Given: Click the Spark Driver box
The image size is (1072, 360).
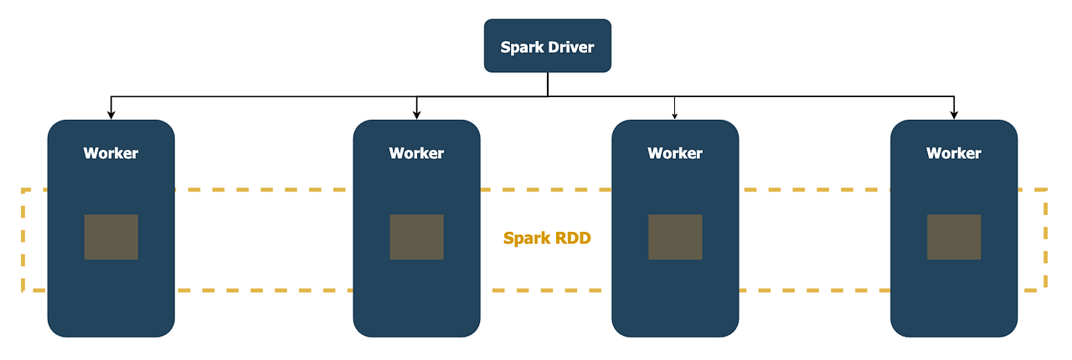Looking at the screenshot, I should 548,45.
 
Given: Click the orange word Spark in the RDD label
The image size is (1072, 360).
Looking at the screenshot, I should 528,238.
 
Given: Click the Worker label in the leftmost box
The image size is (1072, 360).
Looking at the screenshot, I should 111,153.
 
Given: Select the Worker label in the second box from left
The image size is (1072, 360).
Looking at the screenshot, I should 416,153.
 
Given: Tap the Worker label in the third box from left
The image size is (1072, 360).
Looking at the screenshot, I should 675,153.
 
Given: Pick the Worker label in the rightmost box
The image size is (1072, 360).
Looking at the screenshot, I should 953,153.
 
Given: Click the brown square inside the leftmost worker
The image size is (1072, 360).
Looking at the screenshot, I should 111,237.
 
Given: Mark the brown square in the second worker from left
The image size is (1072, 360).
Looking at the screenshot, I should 416,237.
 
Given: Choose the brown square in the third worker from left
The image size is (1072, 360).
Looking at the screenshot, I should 675,237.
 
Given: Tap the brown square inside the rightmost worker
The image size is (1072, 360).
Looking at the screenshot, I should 953,237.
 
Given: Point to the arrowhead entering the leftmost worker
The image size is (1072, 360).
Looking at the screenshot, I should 111,115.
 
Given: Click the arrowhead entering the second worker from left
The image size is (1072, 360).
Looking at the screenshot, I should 416,115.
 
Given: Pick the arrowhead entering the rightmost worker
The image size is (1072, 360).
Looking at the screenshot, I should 953,115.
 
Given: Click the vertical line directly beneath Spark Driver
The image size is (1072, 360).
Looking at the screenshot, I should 548,84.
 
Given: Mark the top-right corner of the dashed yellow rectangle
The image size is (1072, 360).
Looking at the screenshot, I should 1046,191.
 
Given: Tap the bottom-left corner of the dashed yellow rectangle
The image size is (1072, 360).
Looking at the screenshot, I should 23,290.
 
